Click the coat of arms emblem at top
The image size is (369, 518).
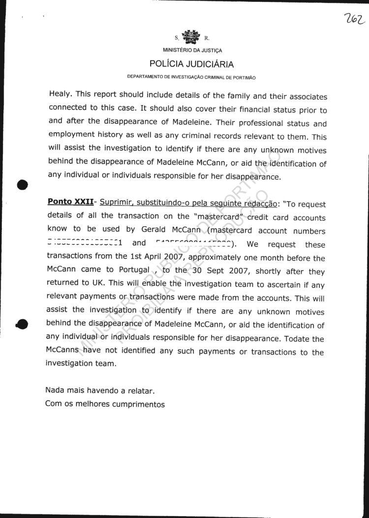[191, 37]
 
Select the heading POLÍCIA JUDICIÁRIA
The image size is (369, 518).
[192, 64]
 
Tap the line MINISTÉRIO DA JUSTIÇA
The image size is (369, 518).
[192, 50]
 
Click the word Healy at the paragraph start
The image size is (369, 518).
[60, 97]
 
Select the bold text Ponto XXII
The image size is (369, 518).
[70, 202]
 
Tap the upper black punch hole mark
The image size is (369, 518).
[22, 185]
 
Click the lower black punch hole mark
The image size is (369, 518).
[22, 324]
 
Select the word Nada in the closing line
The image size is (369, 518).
[56, 391]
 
